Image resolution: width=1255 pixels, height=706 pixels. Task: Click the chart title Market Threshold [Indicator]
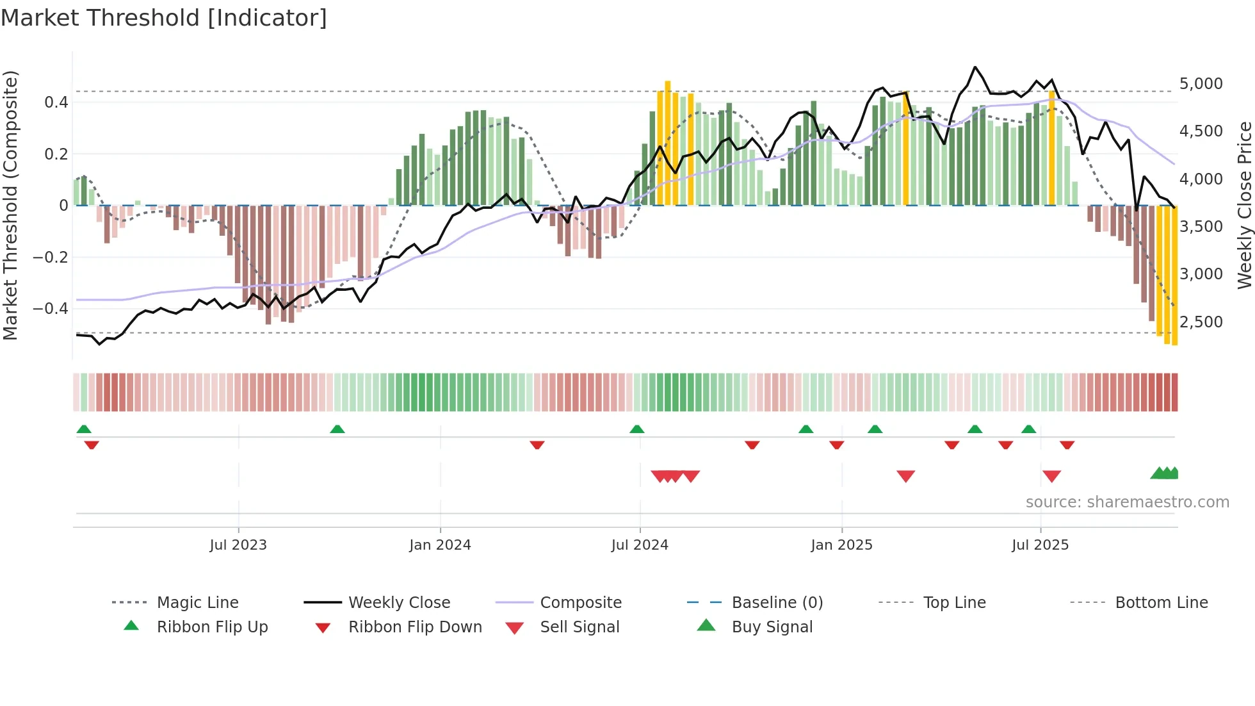164,18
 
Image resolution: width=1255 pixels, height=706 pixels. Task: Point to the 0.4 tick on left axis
56,103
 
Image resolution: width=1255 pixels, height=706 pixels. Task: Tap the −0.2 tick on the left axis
51,258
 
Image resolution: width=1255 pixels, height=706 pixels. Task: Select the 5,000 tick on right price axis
1201,84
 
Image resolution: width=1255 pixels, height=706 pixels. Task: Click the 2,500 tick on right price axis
1201,322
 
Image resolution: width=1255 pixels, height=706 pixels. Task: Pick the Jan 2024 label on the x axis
440,545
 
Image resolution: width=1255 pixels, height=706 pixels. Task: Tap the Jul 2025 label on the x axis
1040,545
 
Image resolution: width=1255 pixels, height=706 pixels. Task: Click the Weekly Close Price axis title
1244,205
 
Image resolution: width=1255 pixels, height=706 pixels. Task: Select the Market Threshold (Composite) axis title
10,205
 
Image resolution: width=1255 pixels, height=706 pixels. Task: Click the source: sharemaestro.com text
1127,502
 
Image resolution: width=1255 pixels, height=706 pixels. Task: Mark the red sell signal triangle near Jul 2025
1051,476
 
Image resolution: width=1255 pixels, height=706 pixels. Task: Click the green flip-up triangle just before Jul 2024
636,429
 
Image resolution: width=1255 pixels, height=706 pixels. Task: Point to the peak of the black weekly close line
975,67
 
